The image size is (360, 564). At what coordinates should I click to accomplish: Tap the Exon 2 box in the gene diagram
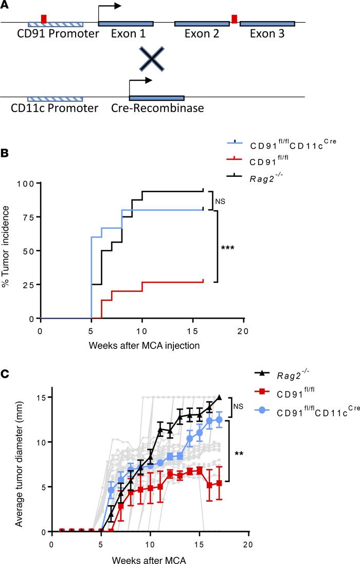202,24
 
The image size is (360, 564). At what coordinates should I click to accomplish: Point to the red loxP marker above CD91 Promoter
44,19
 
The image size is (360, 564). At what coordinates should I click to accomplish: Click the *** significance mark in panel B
227,248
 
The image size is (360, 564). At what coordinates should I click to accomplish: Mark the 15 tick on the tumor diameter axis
40,397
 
